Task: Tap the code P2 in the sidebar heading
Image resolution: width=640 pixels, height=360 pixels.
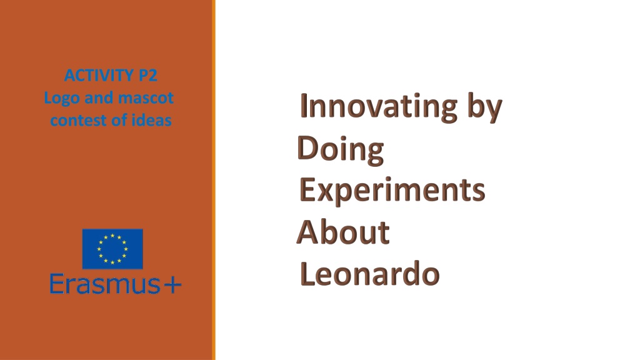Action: (148, 76)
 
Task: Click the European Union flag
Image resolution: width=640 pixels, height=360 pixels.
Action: (112, 249)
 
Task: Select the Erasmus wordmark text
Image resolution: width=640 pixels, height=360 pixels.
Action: (105, 284)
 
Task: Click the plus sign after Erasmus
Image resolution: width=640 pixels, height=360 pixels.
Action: (172, 285)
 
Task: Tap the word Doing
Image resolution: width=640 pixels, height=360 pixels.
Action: (341, 150)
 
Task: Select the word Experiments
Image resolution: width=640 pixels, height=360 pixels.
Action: (392, 191)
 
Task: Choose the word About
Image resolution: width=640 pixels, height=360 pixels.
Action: (343, 232)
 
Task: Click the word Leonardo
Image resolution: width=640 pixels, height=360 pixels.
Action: (370, 274)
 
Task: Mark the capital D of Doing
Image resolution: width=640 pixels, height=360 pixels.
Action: (307, 147)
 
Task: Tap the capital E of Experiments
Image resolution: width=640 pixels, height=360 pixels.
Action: (307, 190)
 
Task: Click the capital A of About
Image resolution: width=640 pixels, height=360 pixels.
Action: (308, 232)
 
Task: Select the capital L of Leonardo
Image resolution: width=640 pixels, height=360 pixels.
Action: (307, 274)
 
